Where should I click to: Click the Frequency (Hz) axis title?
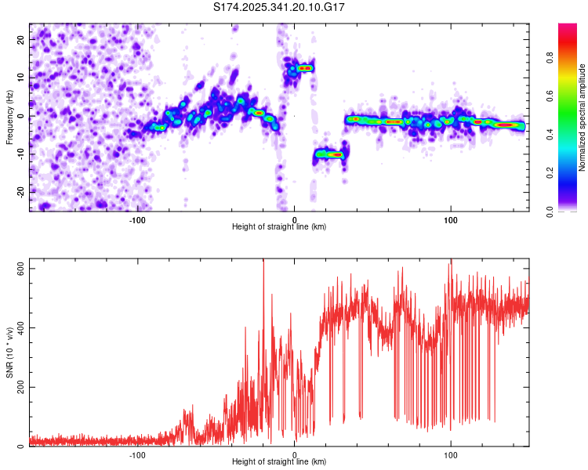pos(9,117)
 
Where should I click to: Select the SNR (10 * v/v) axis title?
pos(9,352)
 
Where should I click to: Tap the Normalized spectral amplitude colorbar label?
pos(583,117)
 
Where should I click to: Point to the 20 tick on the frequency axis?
pos(20,39)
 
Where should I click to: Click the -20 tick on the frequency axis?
pos(19,192)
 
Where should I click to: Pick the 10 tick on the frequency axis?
pos(20,78)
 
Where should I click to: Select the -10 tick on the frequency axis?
pos(19,154)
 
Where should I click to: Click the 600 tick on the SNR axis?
pos(19,268)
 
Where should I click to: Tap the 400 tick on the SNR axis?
pos(19,327)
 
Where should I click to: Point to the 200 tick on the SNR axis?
pos(19,387)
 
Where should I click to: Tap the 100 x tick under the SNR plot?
pos(451,455)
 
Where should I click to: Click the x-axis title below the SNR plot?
pos(279,464)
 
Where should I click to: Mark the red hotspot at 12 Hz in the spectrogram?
pos(304,68)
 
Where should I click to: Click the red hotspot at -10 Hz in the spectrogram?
pos(336,155)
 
